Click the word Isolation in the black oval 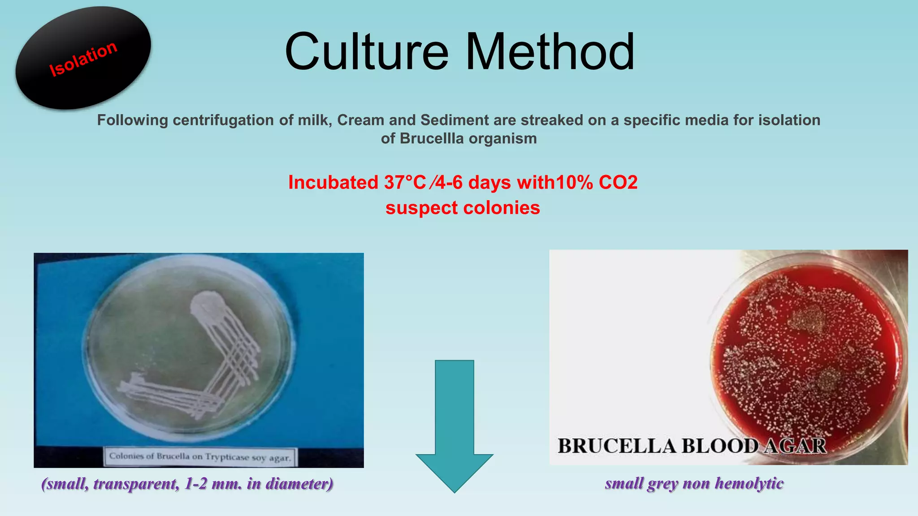(x=83, y=59)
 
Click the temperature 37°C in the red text (x=405, y=182)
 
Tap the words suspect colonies (x=463, y=208)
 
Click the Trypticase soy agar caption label (x=200, y=457)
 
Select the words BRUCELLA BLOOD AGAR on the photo (x=692, y=446)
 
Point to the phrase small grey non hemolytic (x=694, y=483)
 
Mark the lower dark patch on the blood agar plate (x=827, y=381)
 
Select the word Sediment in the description (x=454, y=120)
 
